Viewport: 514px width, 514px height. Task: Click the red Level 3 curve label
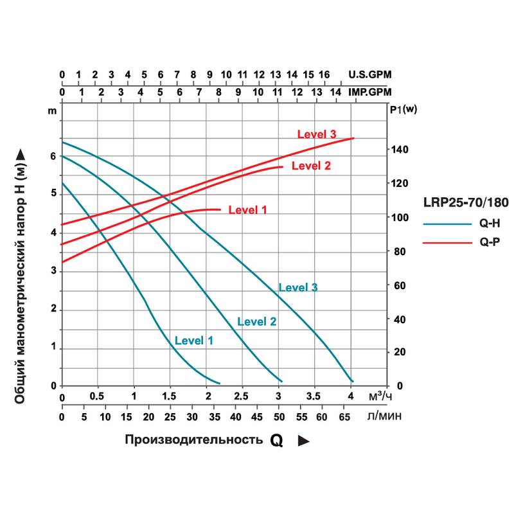click(x=317, y=134)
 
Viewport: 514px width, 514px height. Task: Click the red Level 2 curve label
click(x=311, y=166)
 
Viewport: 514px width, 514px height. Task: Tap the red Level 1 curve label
click(x=247, y=209)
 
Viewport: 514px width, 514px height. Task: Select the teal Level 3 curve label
click(x=298, y=287)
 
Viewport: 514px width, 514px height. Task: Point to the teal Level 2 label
click(x=257, y=321)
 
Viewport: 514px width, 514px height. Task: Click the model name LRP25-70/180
click(x=466, y=202)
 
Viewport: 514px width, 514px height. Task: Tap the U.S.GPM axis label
click(x=369, y=75)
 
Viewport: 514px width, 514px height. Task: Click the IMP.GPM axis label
click(x=369, y=92)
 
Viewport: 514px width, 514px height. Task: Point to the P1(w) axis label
click(x=403, y=109)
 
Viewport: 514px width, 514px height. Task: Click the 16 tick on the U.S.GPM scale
click(x=324, y=75)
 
